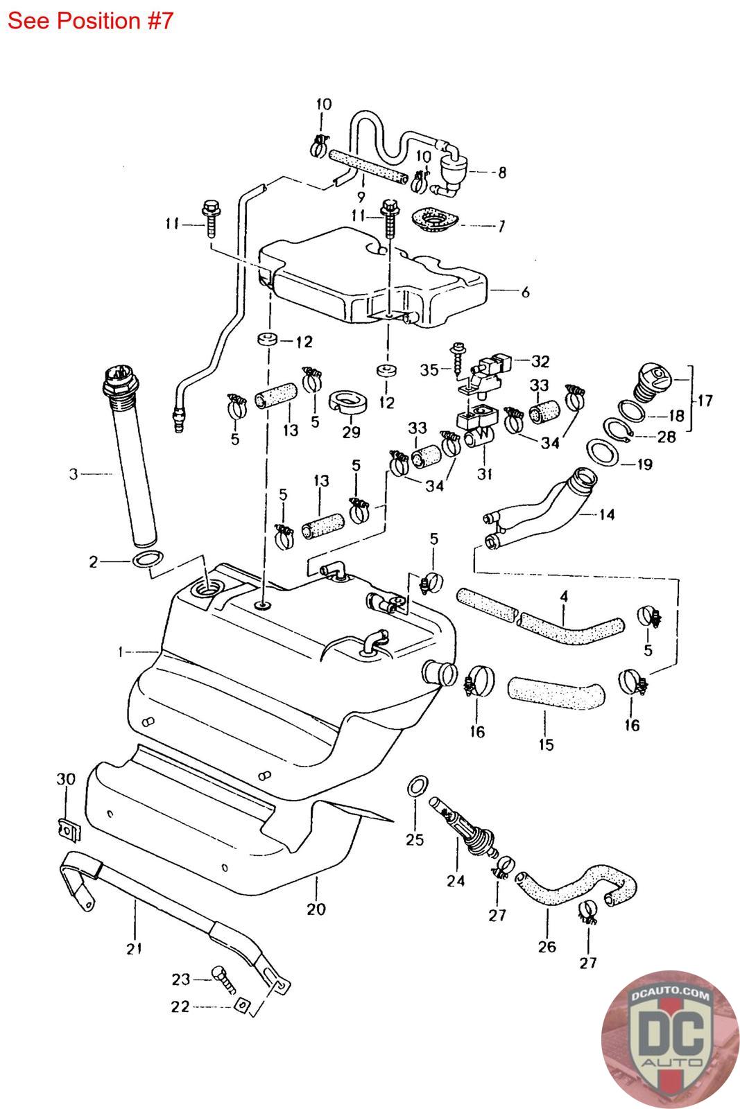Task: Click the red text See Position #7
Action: click(x=90, y=21)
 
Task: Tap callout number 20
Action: click(x=316, y=909)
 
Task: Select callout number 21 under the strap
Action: click(x=135, y=949)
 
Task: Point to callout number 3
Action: click(x=74, y=474)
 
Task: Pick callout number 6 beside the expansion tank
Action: click(x=526, y=292)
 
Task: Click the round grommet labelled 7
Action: click(x=435, y=220)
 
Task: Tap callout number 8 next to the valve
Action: click(x=502, y=173)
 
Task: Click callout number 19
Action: click(x=644, y=464)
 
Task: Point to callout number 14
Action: click(x=607, y=514)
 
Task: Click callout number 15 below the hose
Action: click(x=546, y=744)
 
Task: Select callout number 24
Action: click(x=456, y=881)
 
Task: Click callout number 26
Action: click(x=547, y=947)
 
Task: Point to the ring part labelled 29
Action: click(x=348, y=402)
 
